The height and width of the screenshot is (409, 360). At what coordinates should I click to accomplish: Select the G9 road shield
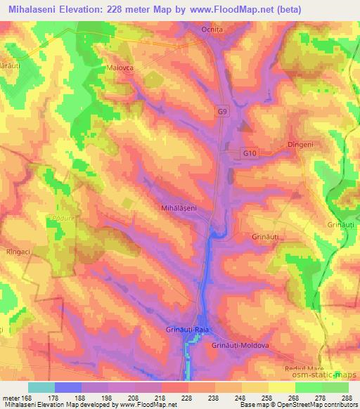[222, 112]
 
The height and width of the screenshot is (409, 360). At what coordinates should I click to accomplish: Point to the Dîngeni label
[300, 145]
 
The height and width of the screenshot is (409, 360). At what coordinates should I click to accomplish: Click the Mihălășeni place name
[181, 208]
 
